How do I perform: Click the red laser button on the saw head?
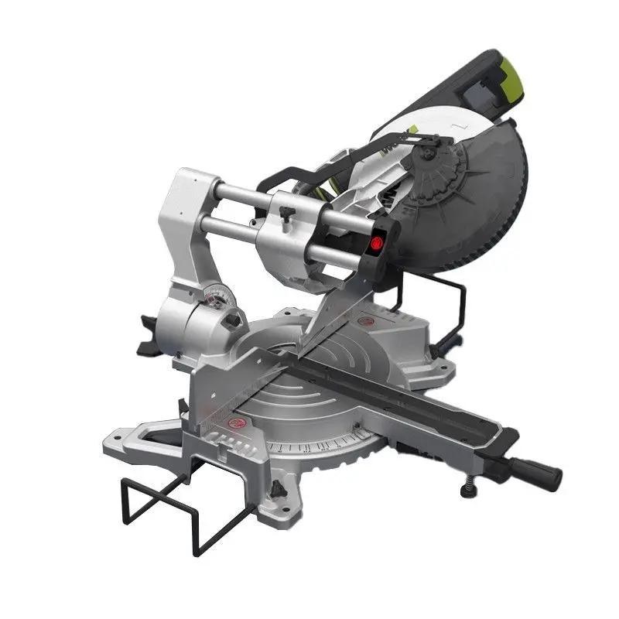click(378, 241)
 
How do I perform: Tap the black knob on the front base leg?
click(276, 489)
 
